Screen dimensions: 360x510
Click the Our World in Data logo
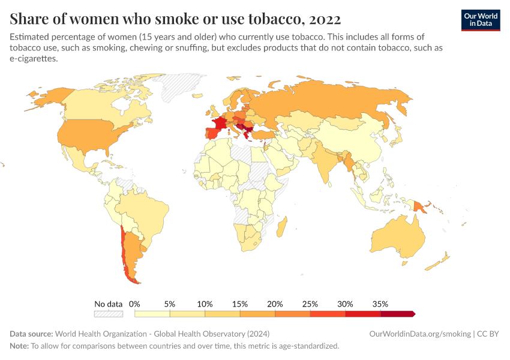480,20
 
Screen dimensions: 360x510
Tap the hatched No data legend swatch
108,314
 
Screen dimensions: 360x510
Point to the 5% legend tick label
170,304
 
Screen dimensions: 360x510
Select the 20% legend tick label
275,304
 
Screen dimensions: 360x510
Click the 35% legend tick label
380,304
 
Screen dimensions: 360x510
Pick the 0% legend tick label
135,304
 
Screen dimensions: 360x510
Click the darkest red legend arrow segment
398,314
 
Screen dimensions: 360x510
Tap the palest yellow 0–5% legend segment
152,314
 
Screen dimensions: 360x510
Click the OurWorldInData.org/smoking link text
420,334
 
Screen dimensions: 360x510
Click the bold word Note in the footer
19,346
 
